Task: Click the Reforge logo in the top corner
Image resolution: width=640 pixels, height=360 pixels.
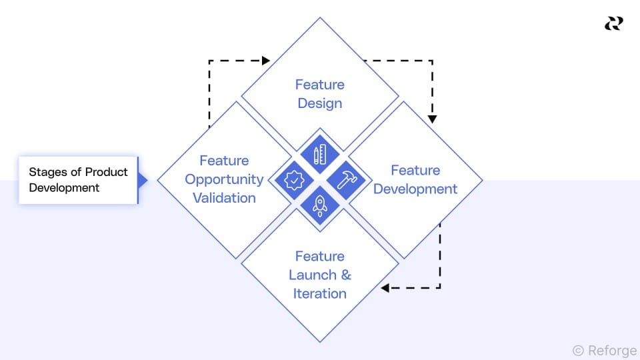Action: (x=613, y=23)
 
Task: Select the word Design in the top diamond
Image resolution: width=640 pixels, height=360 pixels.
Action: (x=320, y=103)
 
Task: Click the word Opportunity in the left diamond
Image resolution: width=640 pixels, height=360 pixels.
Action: (x=224, y=179)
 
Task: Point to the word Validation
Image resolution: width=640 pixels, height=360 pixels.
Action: (x=224, y=198)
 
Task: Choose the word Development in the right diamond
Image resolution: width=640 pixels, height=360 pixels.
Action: (x=415, y=189)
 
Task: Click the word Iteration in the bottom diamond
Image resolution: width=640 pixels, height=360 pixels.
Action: (x=320, y=293)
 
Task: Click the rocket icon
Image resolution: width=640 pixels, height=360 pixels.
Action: (x=320, y=205)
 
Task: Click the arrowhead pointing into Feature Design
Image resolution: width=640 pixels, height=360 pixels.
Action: (x=266, y=61)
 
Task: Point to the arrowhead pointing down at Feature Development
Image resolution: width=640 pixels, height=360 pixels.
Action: (x=432, y=119)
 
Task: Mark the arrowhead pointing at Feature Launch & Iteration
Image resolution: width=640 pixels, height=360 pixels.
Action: (x=385, y=288)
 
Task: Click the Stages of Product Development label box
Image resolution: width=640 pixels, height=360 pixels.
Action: (x=78, y=180)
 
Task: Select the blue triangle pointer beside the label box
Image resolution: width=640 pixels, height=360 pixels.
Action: (x=142, y=180)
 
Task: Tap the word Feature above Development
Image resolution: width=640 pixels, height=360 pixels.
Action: (x=415, y=170)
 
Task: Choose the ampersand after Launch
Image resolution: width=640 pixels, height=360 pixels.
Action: (x=346, y=275)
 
